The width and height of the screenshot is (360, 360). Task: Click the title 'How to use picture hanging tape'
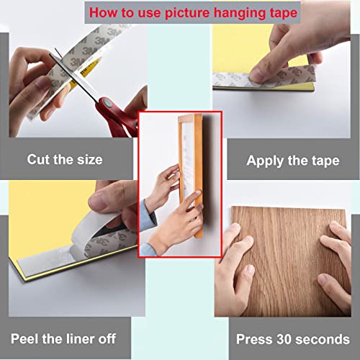click(x=180, y=12)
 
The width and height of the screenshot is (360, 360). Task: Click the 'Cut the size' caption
click(x=65, y=159)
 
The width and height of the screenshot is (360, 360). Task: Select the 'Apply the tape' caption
click(x=293, y=160)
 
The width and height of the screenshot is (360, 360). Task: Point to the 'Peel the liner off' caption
click(x=64, y=337)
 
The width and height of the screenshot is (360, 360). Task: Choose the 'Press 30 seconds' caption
click(x=293, y=337)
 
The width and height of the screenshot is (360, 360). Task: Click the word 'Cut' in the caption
click(x=40, y=159)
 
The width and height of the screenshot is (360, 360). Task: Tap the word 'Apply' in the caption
click(x=264, y=160)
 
